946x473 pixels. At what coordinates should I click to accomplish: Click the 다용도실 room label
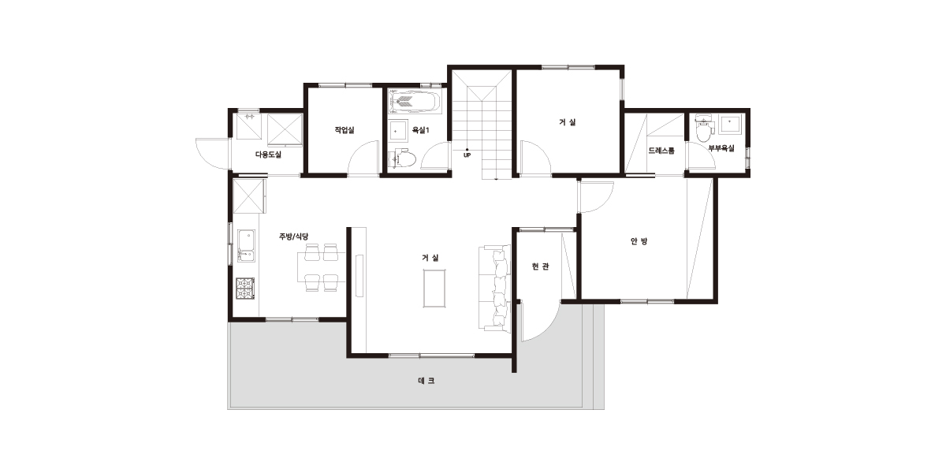click(268, 155)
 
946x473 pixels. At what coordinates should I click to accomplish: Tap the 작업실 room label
click(345, 129)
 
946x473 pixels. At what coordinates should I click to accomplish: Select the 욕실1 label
click(421, 130)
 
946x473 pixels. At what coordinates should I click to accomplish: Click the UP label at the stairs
click(467, 155)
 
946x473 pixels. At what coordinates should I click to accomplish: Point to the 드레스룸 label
click(661, 151)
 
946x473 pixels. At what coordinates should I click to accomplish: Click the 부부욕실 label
click(721, 148)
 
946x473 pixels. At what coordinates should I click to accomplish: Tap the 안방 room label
click(639, 241)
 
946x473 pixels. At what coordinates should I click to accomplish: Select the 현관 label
click(541, 266)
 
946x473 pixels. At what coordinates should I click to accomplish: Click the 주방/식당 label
click(293, 236)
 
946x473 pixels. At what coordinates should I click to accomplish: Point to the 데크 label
click(426, 381)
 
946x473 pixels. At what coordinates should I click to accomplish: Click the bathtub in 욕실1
click(415, 101)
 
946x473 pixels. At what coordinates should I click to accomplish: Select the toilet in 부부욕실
click(703, 127)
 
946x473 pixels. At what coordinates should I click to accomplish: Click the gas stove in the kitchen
click(245, 289)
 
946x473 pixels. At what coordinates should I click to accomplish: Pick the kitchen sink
click(246, 245)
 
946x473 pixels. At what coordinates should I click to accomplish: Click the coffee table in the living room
click(434, 289)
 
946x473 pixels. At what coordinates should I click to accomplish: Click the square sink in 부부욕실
click(729, 125)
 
